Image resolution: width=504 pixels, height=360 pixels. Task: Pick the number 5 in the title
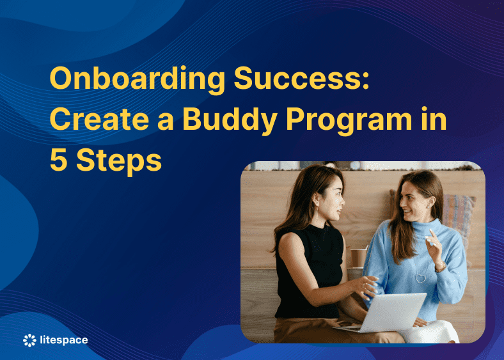click(58, 160)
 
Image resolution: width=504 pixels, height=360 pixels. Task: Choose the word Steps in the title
click(119, 161)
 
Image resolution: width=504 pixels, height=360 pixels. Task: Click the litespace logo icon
click(30, 340)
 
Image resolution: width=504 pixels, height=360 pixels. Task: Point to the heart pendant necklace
click(420, 278)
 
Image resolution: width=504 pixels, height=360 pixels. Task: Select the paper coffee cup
click(359, 256)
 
